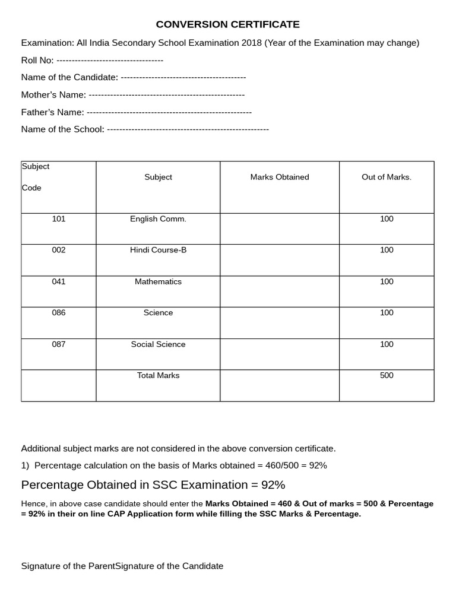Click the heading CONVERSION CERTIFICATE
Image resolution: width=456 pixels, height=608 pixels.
[x=227, y=24]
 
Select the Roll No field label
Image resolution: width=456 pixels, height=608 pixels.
[x=37, y=60]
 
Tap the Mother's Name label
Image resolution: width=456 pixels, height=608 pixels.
[x=53, y=94]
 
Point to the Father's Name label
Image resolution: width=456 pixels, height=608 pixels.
[x=52, y=112]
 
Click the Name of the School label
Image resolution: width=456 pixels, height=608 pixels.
[x=62, y=129]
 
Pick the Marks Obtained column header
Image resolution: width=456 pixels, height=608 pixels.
[x=279, y=177]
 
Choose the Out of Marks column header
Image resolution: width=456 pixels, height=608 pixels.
[x=386, y=177]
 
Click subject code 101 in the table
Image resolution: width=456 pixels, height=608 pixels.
[x=59, y=219]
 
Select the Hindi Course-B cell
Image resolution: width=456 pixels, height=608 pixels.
[x=158, y=250]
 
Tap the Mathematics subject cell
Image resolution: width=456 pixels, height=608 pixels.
[x=158, y=281]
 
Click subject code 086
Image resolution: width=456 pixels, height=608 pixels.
[x=59, y=313]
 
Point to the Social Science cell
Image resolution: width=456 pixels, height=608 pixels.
[x=158, y=344]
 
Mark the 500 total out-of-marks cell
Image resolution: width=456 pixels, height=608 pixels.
[x=387, y=375]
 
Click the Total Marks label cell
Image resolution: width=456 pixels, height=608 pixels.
[x=158, y=375]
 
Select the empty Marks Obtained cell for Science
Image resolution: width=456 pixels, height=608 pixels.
[x=279, y=322]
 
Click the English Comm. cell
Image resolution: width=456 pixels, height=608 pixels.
[x=158, y=219]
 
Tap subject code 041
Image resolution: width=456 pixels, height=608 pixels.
[x=59, y=281]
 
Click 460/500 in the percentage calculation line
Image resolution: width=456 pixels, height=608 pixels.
[x=290, y=465]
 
